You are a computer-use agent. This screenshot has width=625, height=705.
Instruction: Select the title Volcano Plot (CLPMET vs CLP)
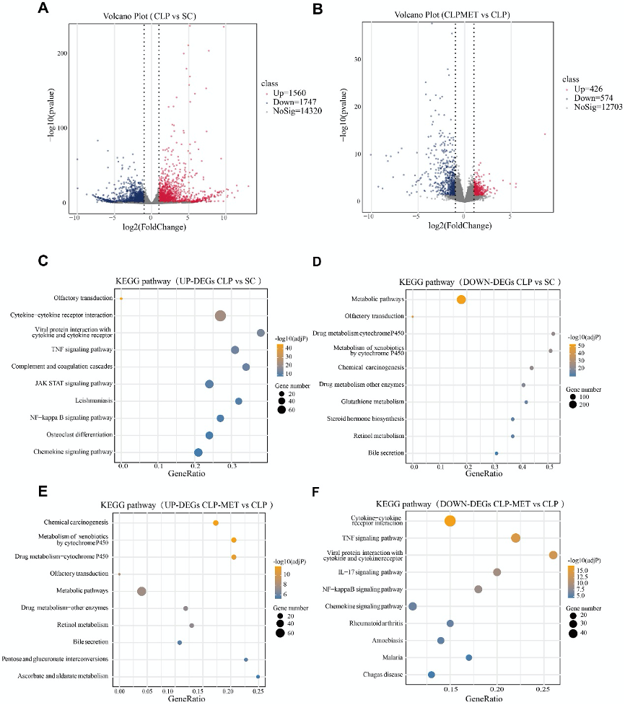[x=451, y=15]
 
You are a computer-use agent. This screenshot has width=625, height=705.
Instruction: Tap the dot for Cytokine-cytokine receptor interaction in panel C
[x=221, y=315]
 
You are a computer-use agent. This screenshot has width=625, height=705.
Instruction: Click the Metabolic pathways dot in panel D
[x=461, y=299]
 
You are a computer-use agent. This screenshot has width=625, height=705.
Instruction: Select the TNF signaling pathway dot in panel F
[x=515, y=538]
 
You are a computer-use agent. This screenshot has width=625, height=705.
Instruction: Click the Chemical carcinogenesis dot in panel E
[x=216, y=522]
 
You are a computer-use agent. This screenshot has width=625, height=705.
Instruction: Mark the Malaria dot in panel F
[x=469, y=657]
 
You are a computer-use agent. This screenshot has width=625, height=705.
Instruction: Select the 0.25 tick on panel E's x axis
[x=258, y=691]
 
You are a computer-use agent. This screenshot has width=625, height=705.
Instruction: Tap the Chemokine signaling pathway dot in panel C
[x=198, y=452]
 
